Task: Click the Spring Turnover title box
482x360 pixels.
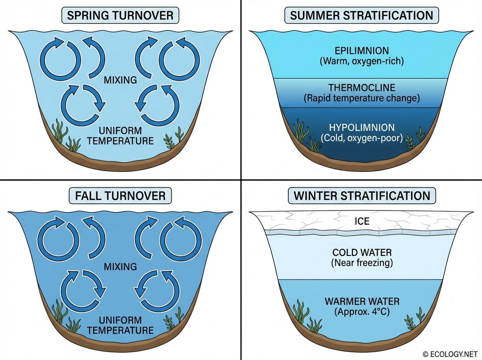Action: [x=120, y=16]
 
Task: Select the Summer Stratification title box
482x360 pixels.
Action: [x=361, y=16]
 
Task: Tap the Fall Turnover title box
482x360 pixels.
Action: [x=120, y=196]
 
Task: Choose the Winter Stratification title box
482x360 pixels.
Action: [x=361, y=196]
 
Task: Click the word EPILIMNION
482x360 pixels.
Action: [x=361, y=50]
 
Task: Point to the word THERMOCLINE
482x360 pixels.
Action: [x=361, y=88]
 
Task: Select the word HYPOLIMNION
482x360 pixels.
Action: [x=361, y=128]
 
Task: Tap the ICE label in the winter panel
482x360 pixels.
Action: [x=362, y=221]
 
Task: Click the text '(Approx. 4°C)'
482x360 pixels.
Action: [x=361, y=312]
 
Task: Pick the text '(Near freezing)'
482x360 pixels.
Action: [x=361, y=263]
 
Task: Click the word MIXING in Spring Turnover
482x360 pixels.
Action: [x=120, y=80]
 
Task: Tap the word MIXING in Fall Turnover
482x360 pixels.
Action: [x=120, y=267]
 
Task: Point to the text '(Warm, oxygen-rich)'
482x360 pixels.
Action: [x=361, y=61]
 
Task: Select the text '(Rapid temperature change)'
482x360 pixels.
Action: [x=361, y=98]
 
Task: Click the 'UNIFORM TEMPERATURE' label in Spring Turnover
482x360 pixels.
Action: [x=120, y=136]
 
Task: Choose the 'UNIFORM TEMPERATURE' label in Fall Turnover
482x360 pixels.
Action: [x=120, y=326]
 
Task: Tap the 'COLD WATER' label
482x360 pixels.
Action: [x=361, y=252]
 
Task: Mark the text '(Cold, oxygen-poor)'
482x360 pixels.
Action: [x=361, y=138]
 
